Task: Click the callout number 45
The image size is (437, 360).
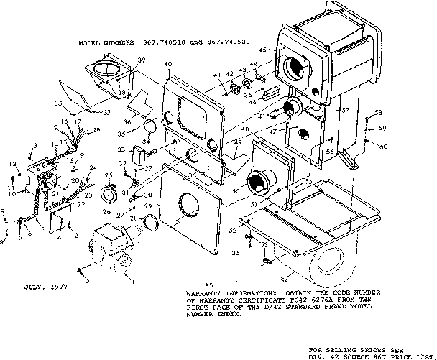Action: (263, 50)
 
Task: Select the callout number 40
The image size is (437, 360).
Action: (167, 65)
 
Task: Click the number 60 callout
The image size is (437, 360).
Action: (383, 145)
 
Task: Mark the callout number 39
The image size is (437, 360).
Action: (142, 60)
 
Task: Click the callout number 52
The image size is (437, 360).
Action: (233, 230)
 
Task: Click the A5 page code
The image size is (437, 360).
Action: (209, 285)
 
